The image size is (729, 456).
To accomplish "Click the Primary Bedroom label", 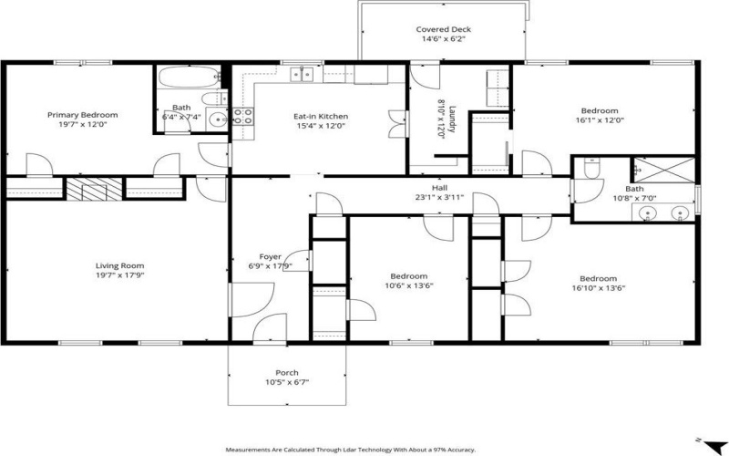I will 83,115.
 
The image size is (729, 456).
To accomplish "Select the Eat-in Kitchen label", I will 320,116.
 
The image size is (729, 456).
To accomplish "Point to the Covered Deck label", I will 443,29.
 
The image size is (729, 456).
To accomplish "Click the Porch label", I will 287,373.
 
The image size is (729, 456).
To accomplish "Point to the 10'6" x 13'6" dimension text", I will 408,285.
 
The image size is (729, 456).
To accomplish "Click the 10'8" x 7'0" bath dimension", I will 634,198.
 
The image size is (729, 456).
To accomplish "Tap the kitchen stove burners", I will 243,115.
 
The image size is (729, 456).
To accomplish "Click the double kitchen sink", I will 301,75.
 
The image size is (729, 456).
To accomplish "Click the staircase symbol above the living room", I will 93,190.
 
